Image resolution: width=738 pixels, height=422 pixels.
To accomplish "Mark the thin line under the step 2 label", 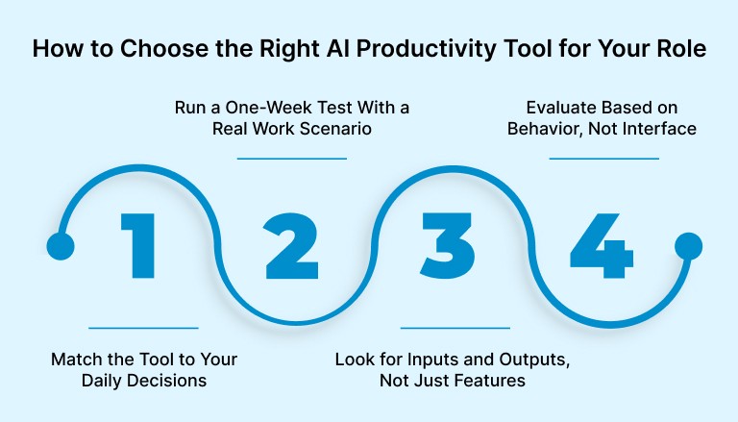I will pos(291,159).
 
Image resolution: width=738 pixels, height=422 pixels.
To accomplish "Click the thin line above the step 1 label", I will pos(143,328).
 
